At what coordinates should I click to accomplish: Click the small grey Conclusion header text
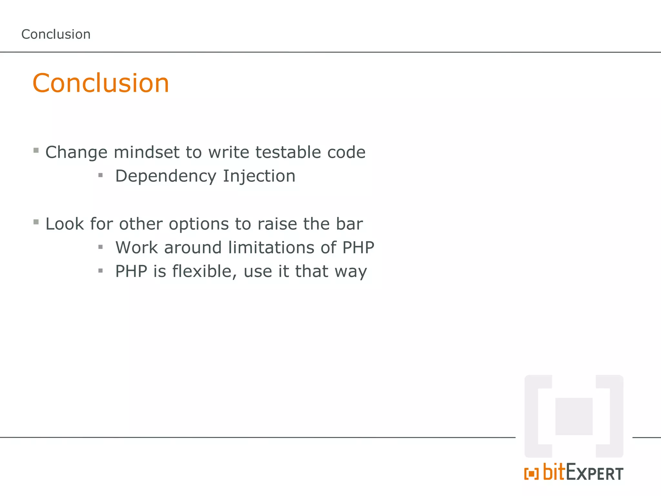tap(56, 34)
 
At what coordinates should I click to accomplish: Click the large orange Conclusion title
tap(101, 83)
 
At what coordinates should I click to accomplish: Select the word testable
tap(288, 152)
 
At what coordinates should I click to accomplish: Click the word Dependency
tap(166, 176)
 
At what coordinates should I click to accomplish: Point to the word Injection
tap(259, 176)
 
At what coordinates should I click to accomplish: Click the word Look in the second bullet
tap(65, 224)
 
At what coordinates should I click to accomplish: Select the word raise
tap(277, 224)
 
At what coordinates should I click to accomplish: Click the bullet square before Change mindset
tap(36, 150)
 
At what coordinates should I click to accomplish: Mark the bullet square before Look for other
tap(36, 222)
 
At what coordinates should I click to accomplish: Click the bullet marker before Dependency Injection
tap(100, 175)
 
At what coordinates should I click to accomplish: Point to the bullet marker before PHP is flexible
tap(100, 271)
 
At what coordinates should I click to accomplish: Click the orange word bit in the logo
tap(554, 472)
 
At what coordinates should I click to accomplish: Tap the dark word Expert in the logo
tap(595, 473)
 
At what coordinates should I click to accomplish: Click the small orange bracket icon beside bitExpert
tap(531, 474)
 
